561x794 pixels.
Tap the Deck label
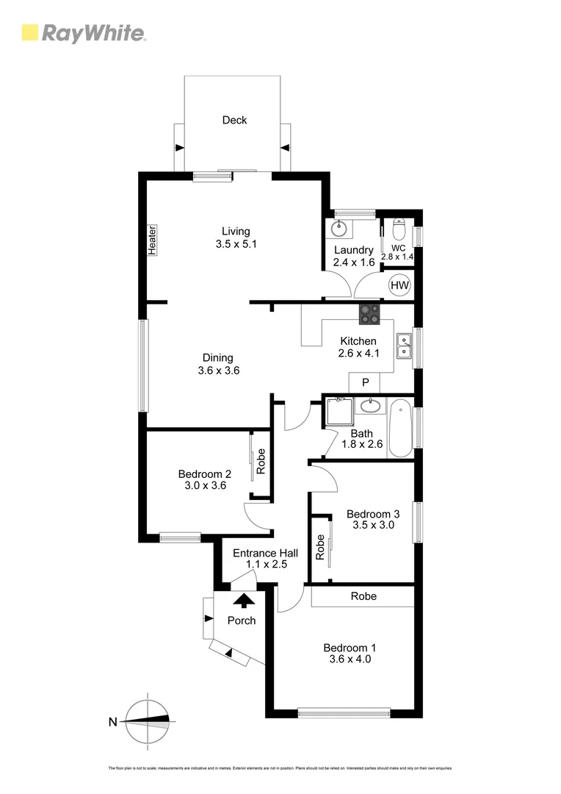pyautogui.click(x=235, y=120)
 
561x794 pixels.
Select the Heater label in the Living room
pyautogui.click(x=153, y=240)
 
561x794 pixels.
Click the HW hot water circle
pyautogui.click(x=399, y=285)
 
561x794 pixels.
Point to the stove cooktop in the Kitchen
pyautogui.click(x=369, y=315)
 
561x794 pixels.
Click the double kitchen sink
pyautogui.click(x=404, y=346)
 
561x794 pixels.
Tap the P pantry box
pyautogui.click(x=364, y=383)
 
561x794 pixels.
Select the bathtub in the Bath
pyautogui.click(x=401, y=428)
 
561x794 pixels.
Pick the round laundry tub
pyautogui.click(x=339, y=229)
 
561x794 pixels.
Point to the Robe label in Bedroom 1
pyautogui.click(x=363, y=596)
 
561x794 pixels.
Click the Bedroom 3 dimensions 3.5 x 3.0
pyautogui.click(x=374, y=526)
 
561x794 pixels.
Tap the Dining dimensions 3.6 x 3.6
pyautogui.click(x=219, y=371)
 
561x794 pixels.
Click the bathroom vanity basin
pyautogui.click(x=372, y=407)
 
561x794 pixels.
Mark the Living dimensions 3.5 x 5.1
pyautogui.click(x=236, y=245)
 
